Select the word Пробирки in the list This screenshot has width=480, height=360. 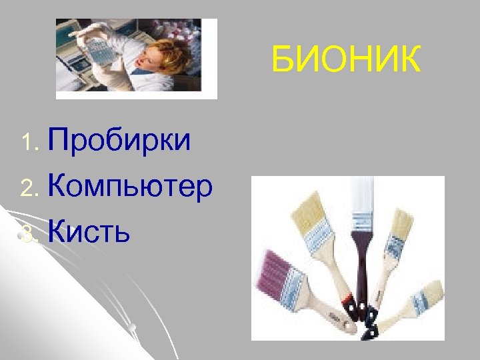tap(119, 141)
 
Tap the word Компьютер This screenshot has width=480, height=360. tap(130, 187)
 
